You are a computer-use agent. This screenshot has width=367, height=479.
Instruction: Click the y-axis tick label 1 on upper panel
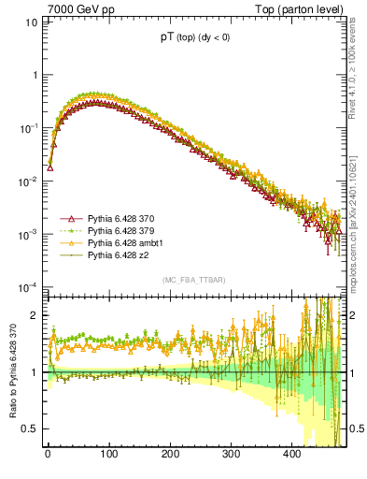[34, 75]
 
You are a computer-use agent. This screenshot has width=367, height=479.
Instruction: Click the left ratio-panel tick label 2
[34, 316]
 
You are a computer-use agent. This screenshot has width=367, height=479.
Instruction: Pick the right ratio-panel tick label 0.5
[356, 428]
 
